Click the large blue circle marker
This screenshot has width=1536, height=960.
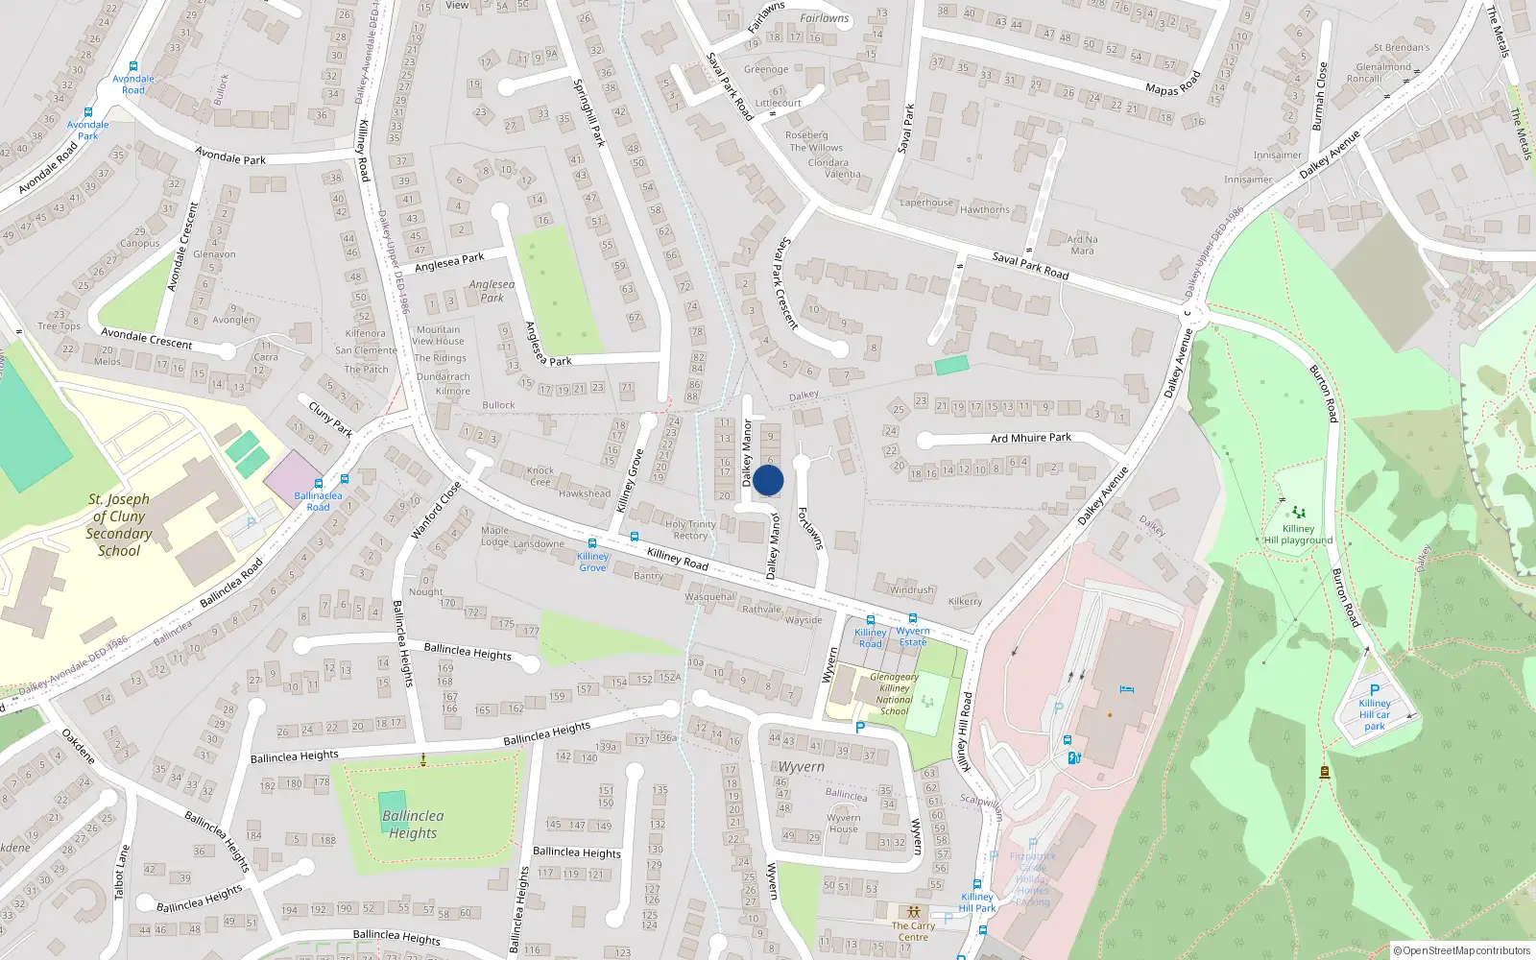(768, 480)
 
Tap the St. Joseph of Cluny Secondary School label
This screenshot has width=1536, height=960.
(119, 525)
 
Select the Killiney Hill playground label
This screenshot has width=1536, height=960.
(1298, 535)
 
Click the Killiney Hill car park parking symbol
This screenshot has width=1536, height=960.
(1375, 689)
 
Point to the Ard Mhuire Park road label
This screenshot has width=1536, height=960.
(1030, 438)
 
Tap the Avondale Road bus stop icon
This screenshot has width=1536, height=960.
(133, 66)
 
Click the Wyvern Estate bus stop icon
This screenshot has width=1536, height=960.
(913, 618)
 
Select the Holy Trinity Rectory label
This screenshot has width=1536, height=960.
(690, 530)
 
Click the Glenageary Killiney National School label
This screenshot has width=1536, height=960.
(894, 694)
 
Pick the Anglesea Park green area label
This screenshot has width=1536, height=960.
(492, 291)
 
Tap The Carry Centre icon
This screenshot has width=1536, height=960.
(913, 911)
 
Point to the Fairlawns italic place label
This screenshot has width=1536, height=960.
(824, 18)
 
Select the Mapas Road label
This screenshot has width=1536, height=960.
(1172, 84)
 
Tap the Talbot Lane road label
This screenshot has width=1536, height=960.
(120, 872)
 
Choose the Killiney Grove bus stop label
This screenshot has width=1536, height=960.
(592, 562)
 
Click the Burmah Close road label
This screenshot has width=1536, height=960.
(1319, 96)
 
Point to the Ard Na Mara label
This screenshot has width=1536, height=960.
(1082, 245)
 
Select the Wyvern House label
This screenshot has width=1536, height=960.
(844, 824)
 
